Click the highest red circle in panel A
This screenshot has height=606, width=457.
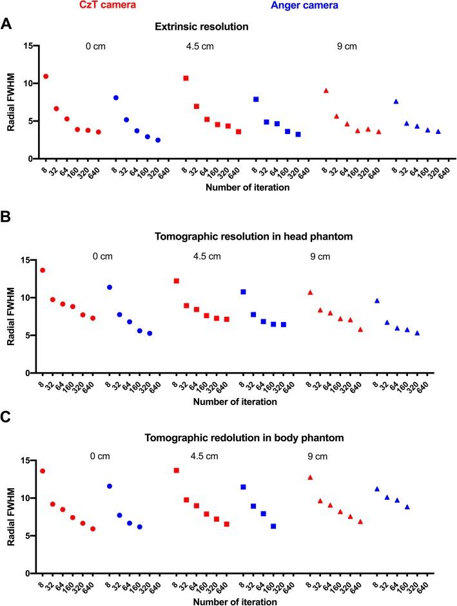click(x=46, y=77)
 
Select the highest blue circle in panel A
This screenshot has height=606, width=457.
click(x=116, y=98)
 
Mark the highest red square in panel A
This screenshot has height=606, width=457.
click(x=186, y=78)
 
